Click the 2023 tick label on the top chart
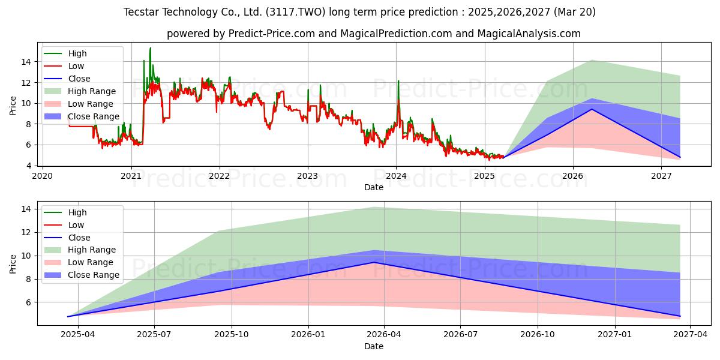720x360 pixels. (308, 176)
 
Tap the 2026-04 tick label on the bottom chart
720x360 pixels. (384, 334)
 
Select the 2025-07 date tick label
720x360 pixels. (154, 334)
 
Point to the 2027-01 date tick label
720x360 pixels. (614, 334)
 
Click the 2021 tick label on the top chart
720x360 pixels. (131, 176)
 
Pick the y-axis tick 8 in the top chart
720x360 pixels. (28, 124)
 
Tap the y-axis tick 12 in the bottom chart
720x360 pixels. (26, 232)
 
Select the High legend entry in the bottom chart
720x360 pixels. (65, 212)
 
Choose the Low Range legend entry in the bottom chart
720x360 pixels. (79, 262)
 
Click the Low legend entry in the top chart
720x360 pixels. (64, 66)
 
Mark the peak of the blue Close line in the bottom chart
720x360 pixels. (374, 262)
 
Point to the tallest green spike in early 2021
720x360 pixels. (150, 48)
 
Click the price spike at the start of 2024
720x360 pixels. (398, 81)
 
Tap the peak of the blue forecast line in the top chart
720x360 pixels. (592, 109)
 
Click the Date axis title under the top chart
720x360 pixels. (373, 187)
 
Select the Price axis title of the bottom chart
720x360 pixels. (13, 264)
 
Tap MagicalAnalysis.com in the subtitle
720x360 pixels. (529, 34)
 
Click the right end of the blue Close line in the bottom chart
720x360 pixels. (680, 316)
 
